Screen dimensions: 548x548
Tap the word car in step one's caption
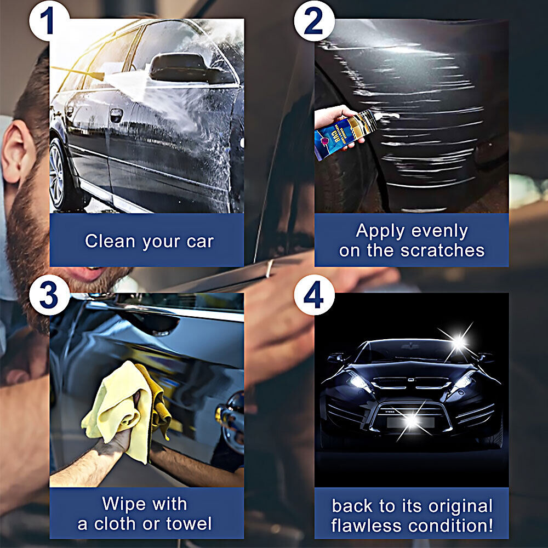tap(199, 242)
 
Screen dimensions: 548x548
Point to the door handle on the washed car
tap(116, 116)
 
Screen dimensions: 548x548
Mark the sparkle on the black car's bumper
tap(411, 420)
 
